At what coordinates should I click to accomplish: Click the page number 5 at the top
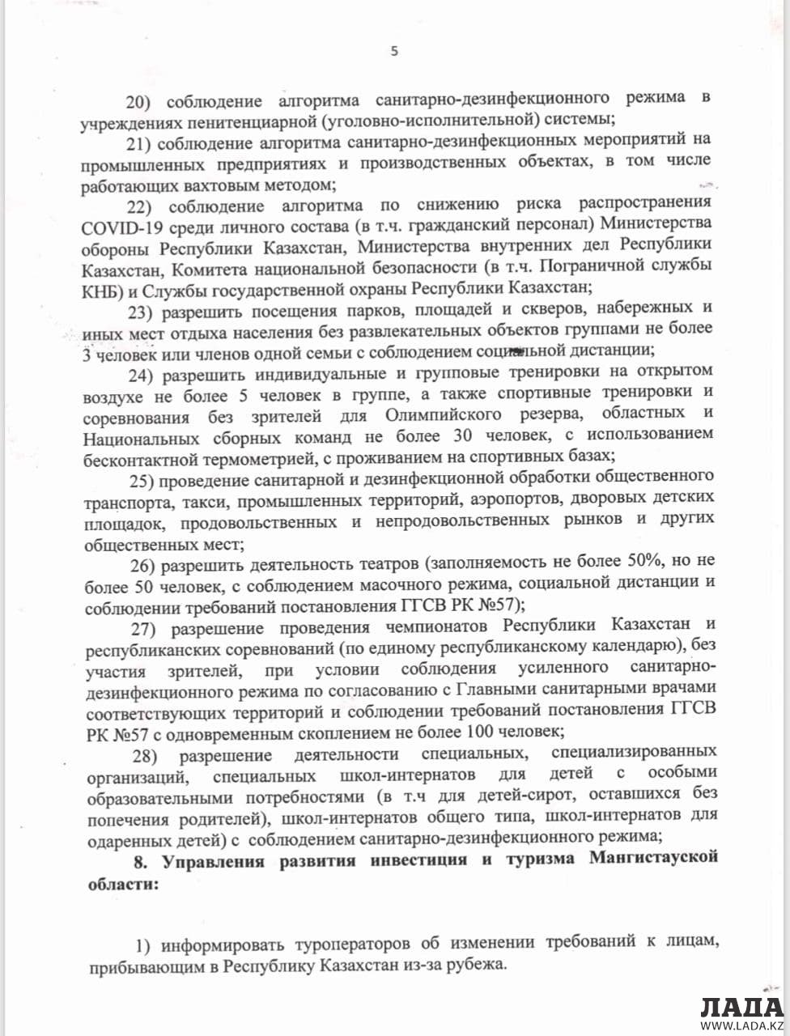coord(394,51)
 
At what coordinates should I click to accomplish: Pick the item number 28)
coord(150,754)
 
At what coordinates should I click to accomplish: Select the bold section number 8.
coord(141,860)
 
